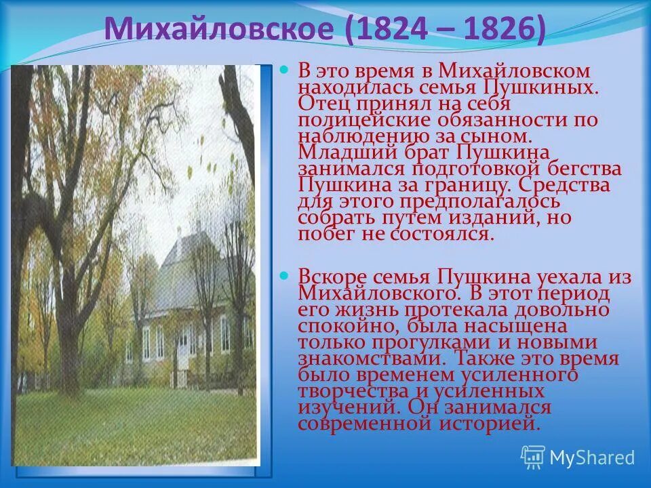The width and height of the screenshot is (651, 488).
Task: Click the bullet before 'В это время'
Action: (x=285, y=70)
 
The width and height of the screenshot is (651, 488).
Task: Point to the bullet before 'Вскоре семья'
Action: (x=285, y=276)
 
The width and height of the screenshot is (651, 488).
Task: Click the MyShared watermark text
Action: (x=592, y=457)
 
